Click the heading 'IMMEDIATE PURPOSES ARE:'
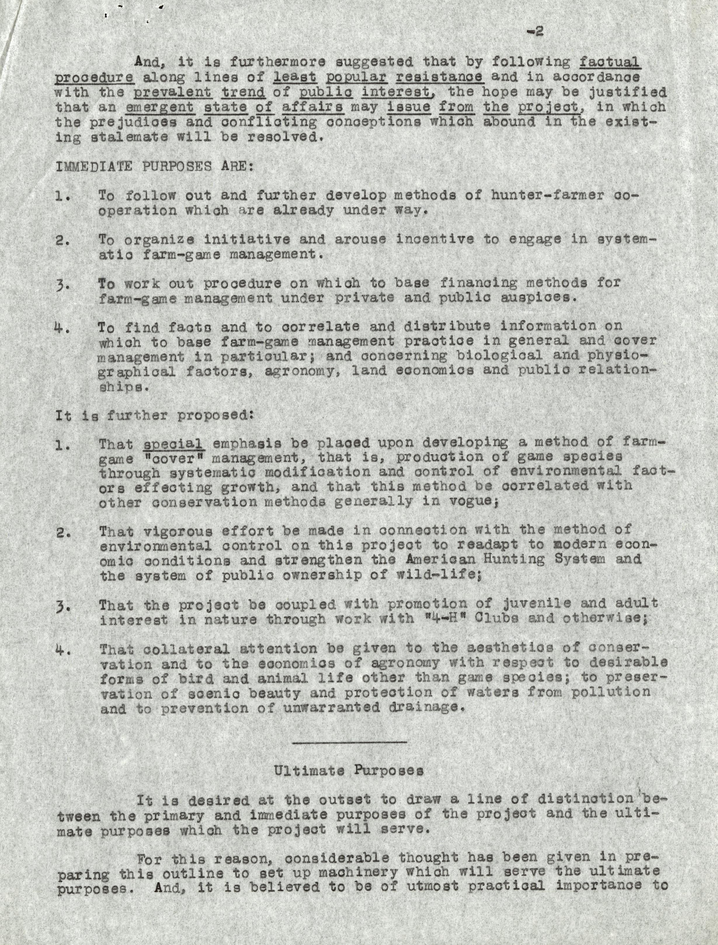[x=154, y=166]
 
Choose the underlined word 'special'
[x=173, y=444]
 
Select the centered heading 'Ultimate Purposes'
[x=348, y=771]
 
